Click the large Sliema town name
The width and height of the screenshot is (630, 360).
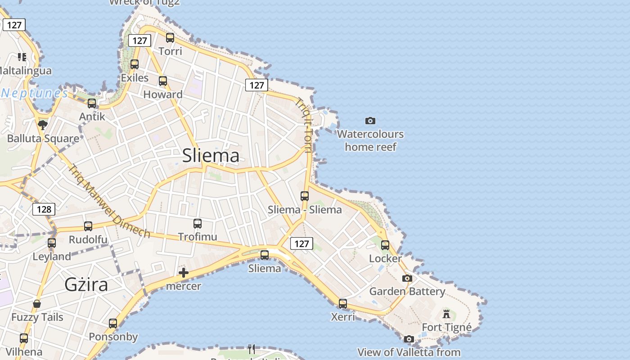tap(211, 156)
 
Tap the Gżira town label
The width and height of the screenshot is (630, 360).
tap(86, 285)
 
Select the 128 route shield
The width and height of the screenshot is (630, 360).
tap(44, 209)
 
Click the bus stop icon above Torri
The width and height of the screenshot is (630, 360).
tap(170, 38)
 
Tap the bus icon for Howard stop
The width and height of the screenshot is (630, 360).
tap(163, 81)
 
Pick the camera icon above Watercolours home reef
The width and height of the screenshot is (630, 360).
tap(370, 121)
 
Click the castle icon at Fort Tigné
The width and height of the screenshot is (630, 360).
tap(446, 314)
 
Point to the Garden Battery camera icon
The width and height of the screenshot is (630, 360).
tap(407, 279)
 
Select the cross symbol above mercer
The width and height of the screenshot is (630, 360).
tap(184, 273)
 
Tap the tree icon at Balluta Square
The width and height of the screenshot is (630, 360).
tap(43, 125)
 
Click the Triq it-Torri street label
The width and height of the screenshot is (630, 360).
tap(304, 126)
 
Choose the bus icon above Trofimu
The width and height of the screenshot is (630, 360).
tap(197, 223)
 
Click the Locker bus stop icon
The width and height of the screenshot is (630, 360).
tap(385, 245)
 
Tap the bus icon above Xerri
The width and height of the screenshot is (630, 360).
tap(343, 304)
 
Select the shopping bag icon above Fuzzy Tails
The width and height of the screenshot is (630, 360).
tap(37, 304)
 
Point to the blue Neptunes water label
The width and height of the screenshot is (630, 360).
tap(35, 94)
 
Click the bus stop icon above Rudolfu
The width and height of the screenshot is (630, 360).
tap(88, 226)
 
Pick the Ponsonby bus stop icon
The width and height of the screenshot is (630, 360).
tap(113, 324)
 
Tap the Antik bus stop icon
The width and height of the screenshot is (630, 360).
tap(92, 103)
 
